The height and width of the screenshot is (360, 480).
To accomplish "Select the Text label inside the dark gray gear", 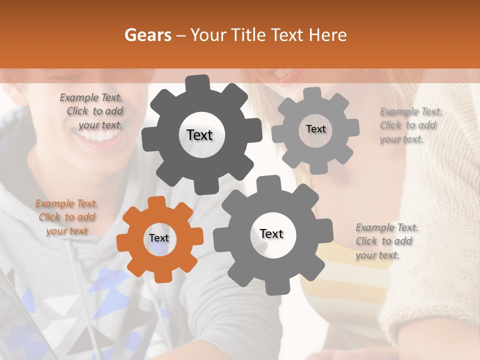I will [x=199, y=135].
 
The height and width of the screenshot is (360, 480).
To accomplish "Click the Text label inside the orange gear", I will [x=159, y=238].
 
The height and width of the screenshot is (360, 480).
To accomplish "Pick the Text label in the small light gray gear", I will [x=315, y=129].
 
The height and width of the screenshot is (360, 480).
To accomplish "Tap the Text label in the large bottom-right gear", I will [x=271, y=233].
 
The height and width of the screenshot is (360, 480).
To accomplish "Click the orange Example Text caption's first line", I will [x=66, y=203].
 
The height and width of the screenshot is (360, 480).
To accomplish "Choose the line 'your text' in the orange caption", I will [x=66, y=231].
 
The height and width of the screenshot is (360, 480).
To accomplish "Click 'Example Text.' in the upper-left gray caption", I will [x=91, y=97].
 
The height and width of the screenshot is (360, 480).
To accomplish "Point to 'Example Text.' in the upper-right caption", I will [x=411, y=111].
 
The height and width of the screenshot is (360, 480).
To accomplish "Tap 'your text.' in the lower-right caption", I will [x=377, y=255].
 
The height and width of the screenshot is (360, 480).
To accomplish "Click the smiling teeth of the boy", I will [x=102, y=135].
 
